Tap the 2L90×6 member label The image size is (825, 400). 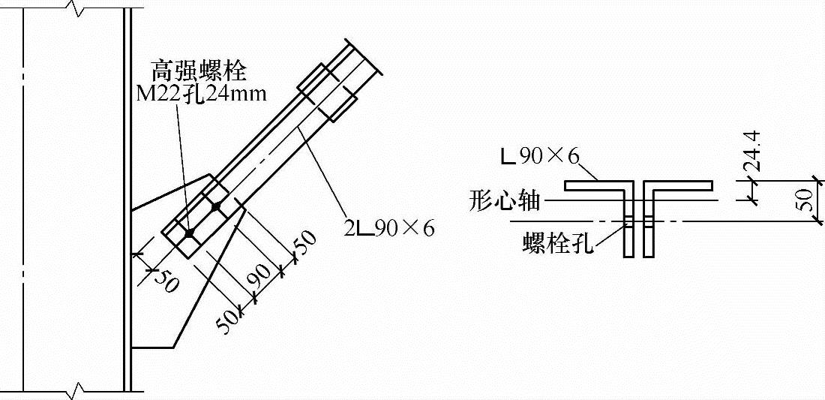[389, 227]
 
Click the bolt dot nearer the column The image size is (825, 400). [189, 233]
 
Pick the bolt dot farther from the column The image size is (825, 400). [216, 206]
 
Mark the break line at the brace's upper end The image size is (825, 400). [365, 56]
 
